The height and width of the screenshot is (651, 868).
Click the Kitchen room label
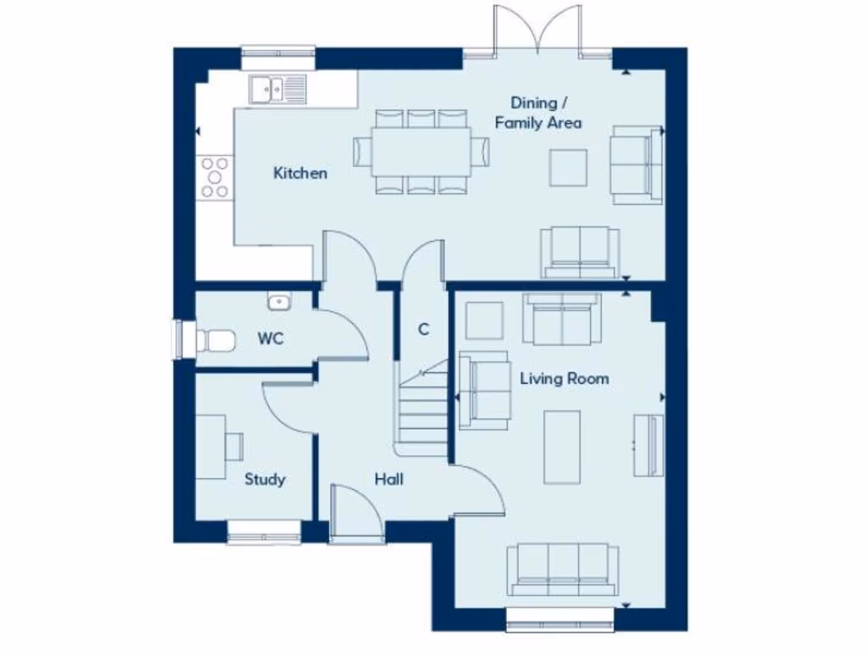(300, 173)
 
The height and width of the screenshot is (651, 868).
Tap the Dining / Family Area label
(538, 113)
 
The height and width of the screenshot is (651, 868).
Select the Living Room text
(564, 378)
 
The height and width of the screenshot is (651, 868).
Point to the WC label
(270, 339)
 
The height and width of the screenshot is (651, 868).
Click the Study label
(264, 479)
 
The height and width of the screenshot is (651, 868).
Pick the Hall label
(389, 479)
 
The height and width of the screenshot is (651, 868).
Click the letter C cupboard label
(423, 329)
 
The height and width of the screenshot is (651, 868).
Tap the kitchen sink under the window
(277, 89)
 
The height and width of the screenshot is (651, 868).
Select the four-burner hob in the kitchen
(214, 177)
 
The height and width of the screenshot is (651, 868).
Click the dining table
(420, 152)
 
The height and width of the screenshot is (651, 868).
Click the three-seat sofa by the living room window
(563, 570)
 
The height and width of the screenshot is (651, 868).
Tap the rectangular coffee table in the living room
(562, 447)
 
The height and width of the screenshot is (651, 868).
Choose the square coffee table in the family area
(568, 167)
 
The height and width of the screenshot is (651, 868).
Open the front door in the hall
(357, 514)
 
